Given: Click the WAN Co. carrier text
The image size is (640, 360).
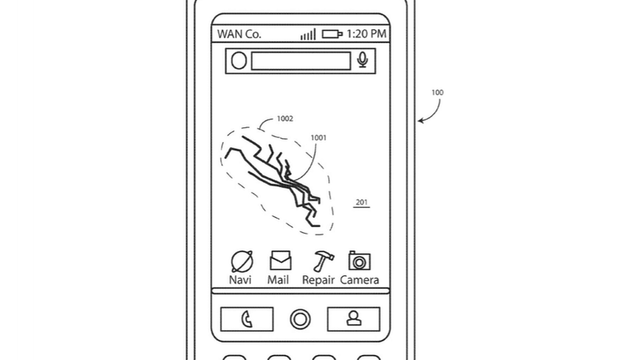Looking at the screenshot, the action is (239, 34).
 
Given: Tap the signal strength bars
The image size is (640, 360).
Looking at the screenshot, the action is (308, 34).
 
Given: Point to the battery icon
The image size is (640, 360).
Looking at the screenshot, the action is (332, 34).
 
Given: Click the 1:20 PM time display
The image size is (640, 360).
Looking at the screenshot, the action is (366, 34).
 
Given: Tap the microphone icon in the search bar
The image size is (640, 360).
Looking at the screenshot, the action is (362, 60).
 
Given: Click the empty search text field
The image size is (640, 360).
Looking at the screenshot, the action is (301, 61).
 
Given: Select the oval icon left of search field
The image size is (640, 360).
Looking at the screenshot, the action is (239, 61).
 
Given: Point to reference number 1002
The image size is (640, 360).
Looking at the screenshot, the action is (285, 119).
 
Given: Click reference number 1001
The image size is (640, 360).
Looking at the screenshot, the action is (318, 138).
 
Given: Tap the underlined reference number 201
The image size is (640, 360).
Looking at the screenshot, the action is (362, 203).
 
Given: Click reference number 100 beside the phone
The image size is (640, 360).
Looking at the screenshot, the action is (437, 92).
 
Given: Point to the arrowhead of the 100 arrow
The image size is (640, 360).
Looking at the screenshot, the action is (419, 121).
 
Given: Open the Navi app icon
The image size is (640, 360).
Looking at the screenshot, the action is (242, 261).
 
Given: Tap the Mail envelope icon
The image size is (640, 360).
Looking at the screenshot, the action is (280, 260).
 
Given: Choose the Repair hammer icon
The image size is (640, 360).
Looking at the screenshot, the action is (323, 261).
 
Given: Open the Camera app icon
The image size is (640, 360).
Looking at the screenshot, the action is (360, 260).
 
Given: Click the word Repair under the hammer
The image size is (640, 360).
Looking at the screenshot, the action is (318, 280).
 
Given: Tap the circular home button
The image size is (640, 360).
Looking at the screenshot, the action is (300, 319).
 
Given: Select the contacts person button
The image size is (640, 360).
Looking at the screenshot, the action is (353, 318).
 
